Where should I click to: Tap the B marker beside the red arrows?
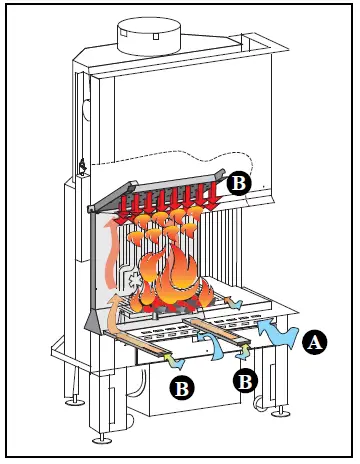pyautogui.click(x=238, y=182)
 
